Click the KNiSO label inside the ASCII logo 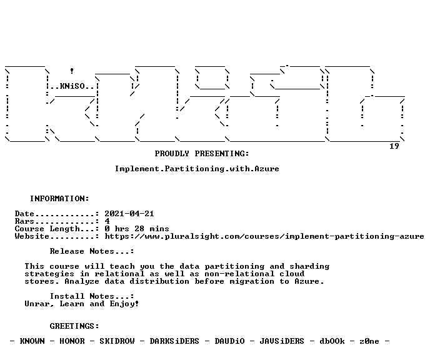click(x=72, y=86)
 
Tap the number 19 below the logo click(x=394, y=146)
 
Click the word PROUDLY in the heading click(x=172, y=154)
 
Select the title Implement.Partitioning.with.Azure click(x=197, y=169)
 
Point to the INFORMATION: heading click(x=59, y=199)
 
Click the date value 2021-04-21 click(x=129, y=214)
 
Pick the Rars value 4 click(x=107, y=221)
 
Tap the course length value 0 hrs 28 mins click(x=137, y=229)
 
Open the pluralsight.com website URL click(x=264, y=236)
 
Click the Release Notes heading click(x=92, y=251)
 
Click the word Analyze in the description click(x=82, y=281)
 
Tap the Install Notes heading click(x=92, y=296)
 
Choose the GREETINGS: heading click(x=74, y=326)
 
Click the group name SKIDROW click(x=117, y=341)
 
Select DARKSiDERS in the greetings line click(x=174, y=341)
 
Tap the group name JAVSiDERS click(x=282, y=341)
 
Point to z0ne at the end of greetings click(x=369, y=341)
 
